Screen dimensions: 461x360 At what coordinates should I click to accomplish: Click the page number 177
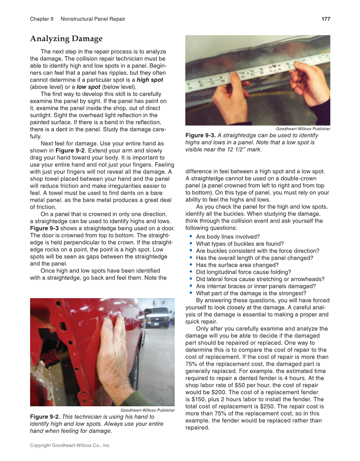(x=326, y=19)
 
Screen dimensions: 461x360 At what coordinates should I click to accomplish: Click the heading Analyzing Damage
(x=66, y=39)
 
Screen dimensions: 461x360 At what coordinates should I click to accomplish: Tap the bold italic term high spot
(x=150, y=80)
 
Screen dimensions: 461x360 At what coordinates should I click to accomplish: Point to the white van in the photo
(x=158, y=317)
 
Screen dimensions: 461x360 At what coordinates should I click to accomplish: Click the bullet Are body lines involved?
(x=228, y=237)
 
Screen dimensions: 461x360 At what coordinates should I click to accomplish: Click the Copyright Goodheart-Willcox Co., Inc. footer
(x=70, y=445)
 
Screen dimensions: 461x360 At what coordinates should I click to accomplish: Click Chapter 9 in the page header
(x=42, y=19)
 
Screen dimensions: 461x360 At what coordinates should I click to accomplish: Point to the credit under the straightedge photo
(x=303, y=129)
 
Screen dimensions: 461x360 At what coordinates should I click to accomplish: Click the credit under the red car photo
(x=148, y=410)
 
